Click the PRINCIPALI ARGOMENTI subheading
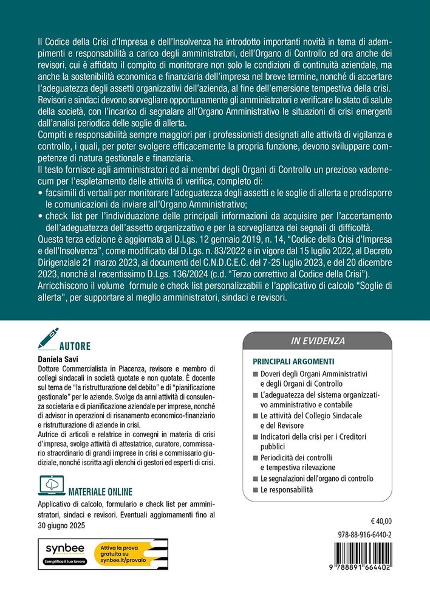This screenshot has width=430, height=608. click(291, 359)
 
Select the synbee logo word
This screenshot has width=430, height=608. click(66, 548)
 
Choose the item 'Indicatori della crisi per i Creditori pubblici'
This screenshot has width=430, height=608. click(312, 441)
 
